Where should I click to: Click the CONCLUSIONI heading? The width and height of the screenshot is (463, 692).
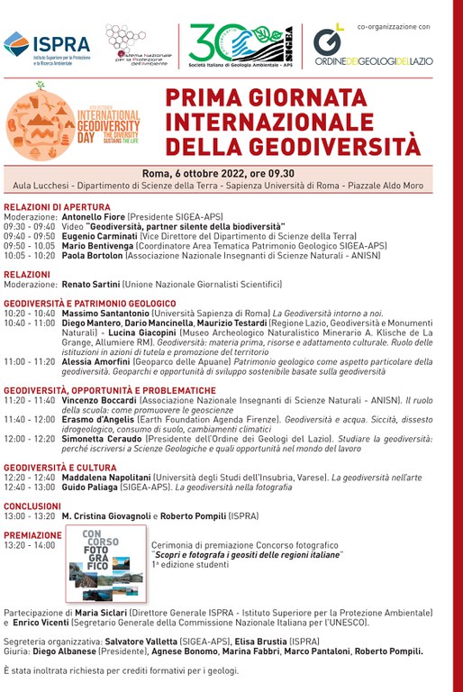(x=32, y=506)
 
